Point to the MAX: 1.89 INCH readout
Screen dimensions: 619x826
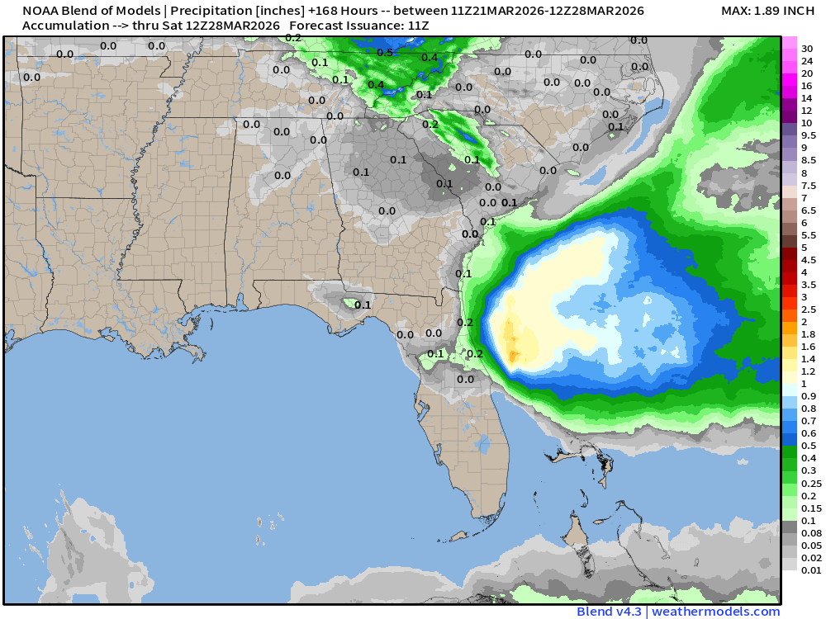[767, 11]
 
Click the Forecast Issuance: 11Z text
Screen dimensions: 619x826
[359, 26]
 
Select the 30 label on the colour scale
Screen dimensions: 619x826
[807, 49]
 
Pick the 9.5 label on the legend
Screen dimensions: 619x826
[809, 135]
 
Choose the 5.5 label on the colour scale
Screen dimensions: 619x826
[809, 235]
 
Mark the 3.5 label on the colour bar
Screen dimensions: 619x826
[809, 285]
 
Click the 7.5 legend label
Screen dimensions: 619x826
[809, 186]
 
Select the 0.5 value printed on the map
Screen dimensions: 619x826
[385, 53]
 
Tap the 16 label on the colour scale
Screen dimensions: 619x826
[807, 86]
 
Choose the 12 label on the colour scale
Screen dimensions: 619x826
[807, 111]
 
